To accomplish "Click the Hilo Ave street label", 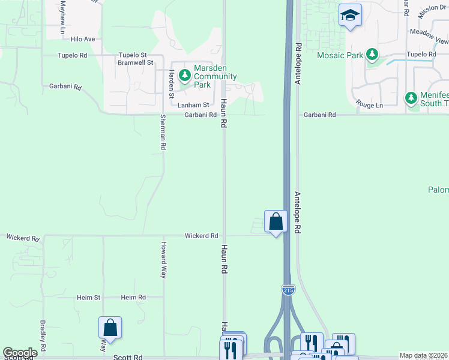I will pyautogui.click(x=83, y=39).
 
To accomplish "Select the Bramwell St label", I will pyautogui.click(x=136, y=62).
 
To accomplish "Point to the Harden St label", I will pyautogui.click(x=171, y=84).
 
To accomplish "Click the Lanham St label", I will pyautogui.click(x=194, y=105).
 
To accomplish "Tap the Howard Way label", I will pyautogui.click(x=163, y=260).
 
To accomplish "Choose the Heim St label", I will pyautogui.click(x=88, y=298).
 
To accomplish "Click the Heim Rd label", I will pyautogui.click(x=133, y=298).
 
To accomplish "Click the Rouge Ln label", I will pyautogui.click(x=369, y=105).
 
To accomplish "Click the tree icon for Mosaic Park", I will pyautogui.click(x=373, y=55).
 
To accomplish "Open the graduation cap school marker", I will pyautogui.click(x=349, y=16).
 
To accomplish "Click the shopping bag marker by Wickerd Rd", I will pyautogui.click(x=276, y=221).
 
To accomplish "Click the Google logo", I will pyautogui.click(x=20, y=353).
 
